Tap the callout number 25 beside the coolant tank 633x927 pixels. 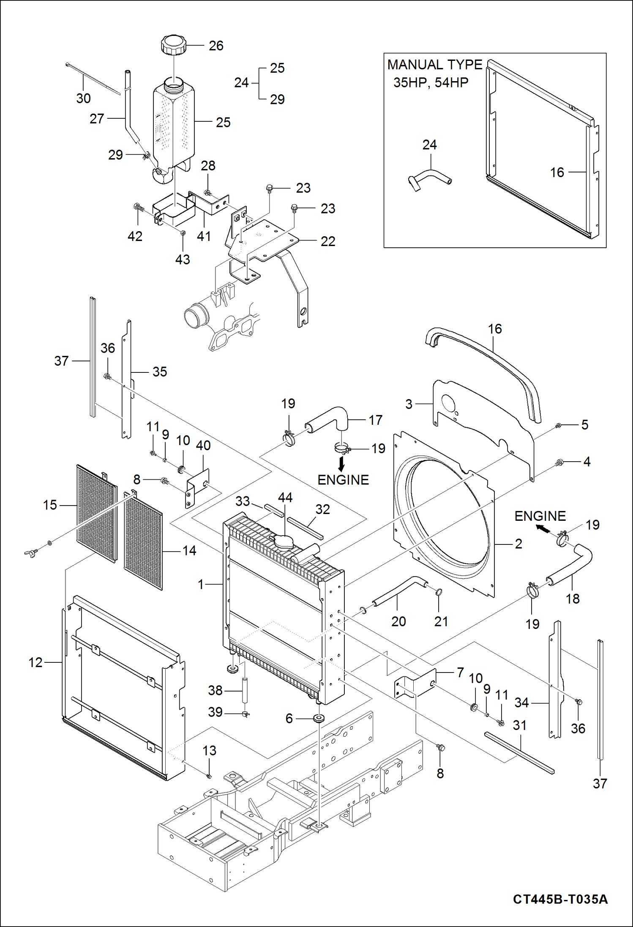(223, 123)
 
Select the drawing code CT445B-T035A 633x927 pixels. (560, 899)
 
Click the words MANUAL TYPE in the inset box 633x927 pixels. (434, 65)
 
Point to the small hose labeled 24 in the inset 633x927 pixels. (429, 179)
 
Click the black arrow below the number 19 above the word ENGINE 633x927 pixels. (341, 465)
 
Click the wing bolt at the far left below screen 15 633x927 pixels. (32, 552)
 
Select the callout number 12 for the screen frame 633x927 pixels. (35, 662)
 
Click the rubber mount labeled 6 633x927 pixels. (319, 718)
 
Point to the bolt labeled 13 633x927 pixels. (209, 776)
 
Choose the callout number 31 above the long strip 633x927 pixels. (519, 725)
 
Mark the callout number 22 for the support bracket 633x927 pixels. (327, 241)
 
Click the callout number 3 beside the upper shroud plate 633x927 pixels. (409, 404)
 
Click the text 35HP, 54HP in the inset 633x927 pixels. (431, 82)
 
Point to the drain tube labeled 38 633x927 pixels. (244, 690)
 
